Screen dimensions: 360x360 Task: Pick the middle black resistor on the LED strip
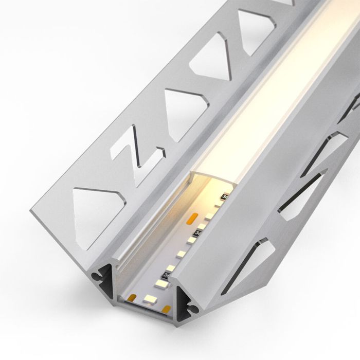(x=199, y=234)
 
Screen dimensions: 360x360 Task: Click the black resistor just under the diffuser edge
(x=225, y=197)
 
